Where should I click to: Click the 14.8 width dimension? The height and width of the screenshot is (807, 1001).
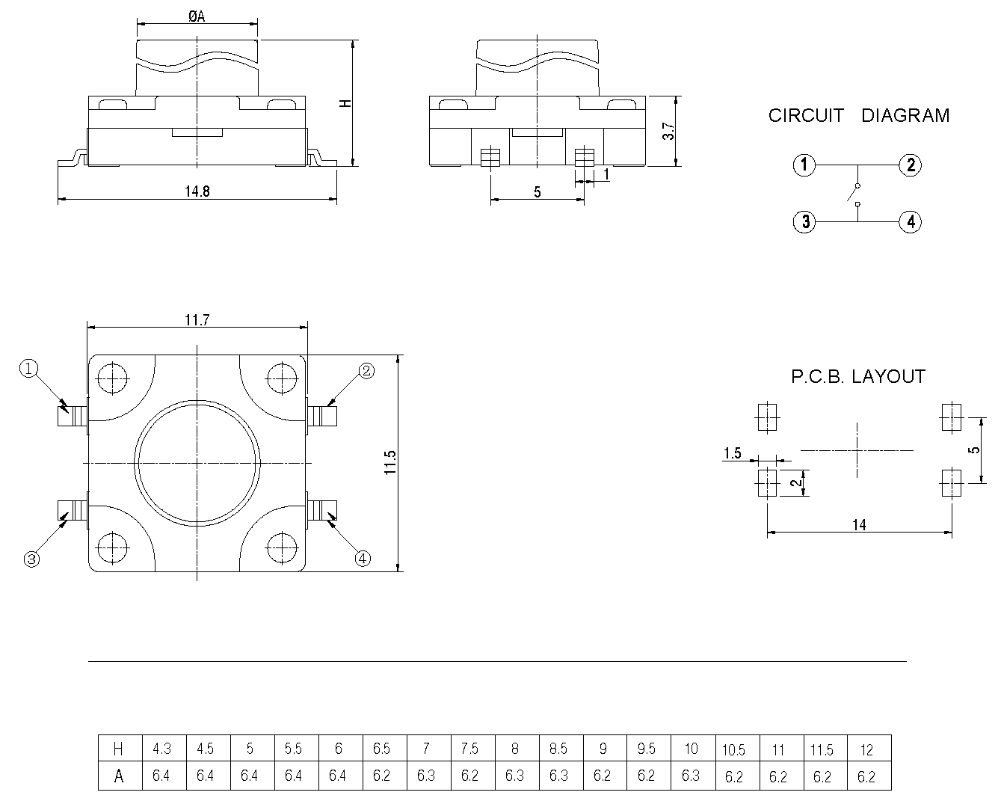197,191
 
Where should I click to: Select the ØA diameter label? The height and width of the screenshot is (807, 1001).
197,16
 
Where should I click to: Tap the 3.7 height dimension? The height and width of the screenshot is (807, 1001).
669,132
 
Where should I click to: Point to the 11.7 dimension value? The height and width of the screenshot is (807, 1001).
197,320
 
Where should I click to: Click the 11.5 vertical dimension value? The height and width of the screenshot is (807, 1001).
389,463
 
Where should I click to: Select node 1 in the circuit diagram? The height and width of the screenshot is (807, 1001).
804,165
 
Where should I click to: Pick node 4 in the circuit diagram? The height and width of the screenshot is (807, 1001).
910,222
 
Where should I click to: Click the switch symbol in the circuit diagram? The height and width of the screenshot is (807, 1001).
854,194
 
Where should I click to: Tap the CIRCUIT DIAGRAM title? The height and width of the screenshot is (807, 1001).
858,116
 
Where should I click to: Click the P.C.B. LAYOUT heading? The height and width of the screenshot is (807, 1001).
858,377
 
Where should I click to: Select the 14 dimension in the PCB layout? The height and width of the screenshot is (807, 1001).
859,525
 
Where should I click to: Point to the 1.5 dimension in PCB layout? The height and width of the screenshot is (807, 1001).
733,453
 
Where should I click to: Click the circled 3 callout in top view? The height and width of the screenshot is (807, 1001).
31,558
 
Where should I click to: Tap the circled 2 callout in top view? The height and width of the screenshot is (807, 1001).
366,370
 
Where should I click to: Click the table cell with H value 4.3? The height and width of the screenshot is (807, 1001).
161,749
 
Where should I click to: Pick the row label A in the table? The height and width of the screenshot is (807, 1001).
118,776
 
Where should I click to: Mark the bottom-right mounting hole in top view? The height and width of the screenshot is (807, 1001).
282,546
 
